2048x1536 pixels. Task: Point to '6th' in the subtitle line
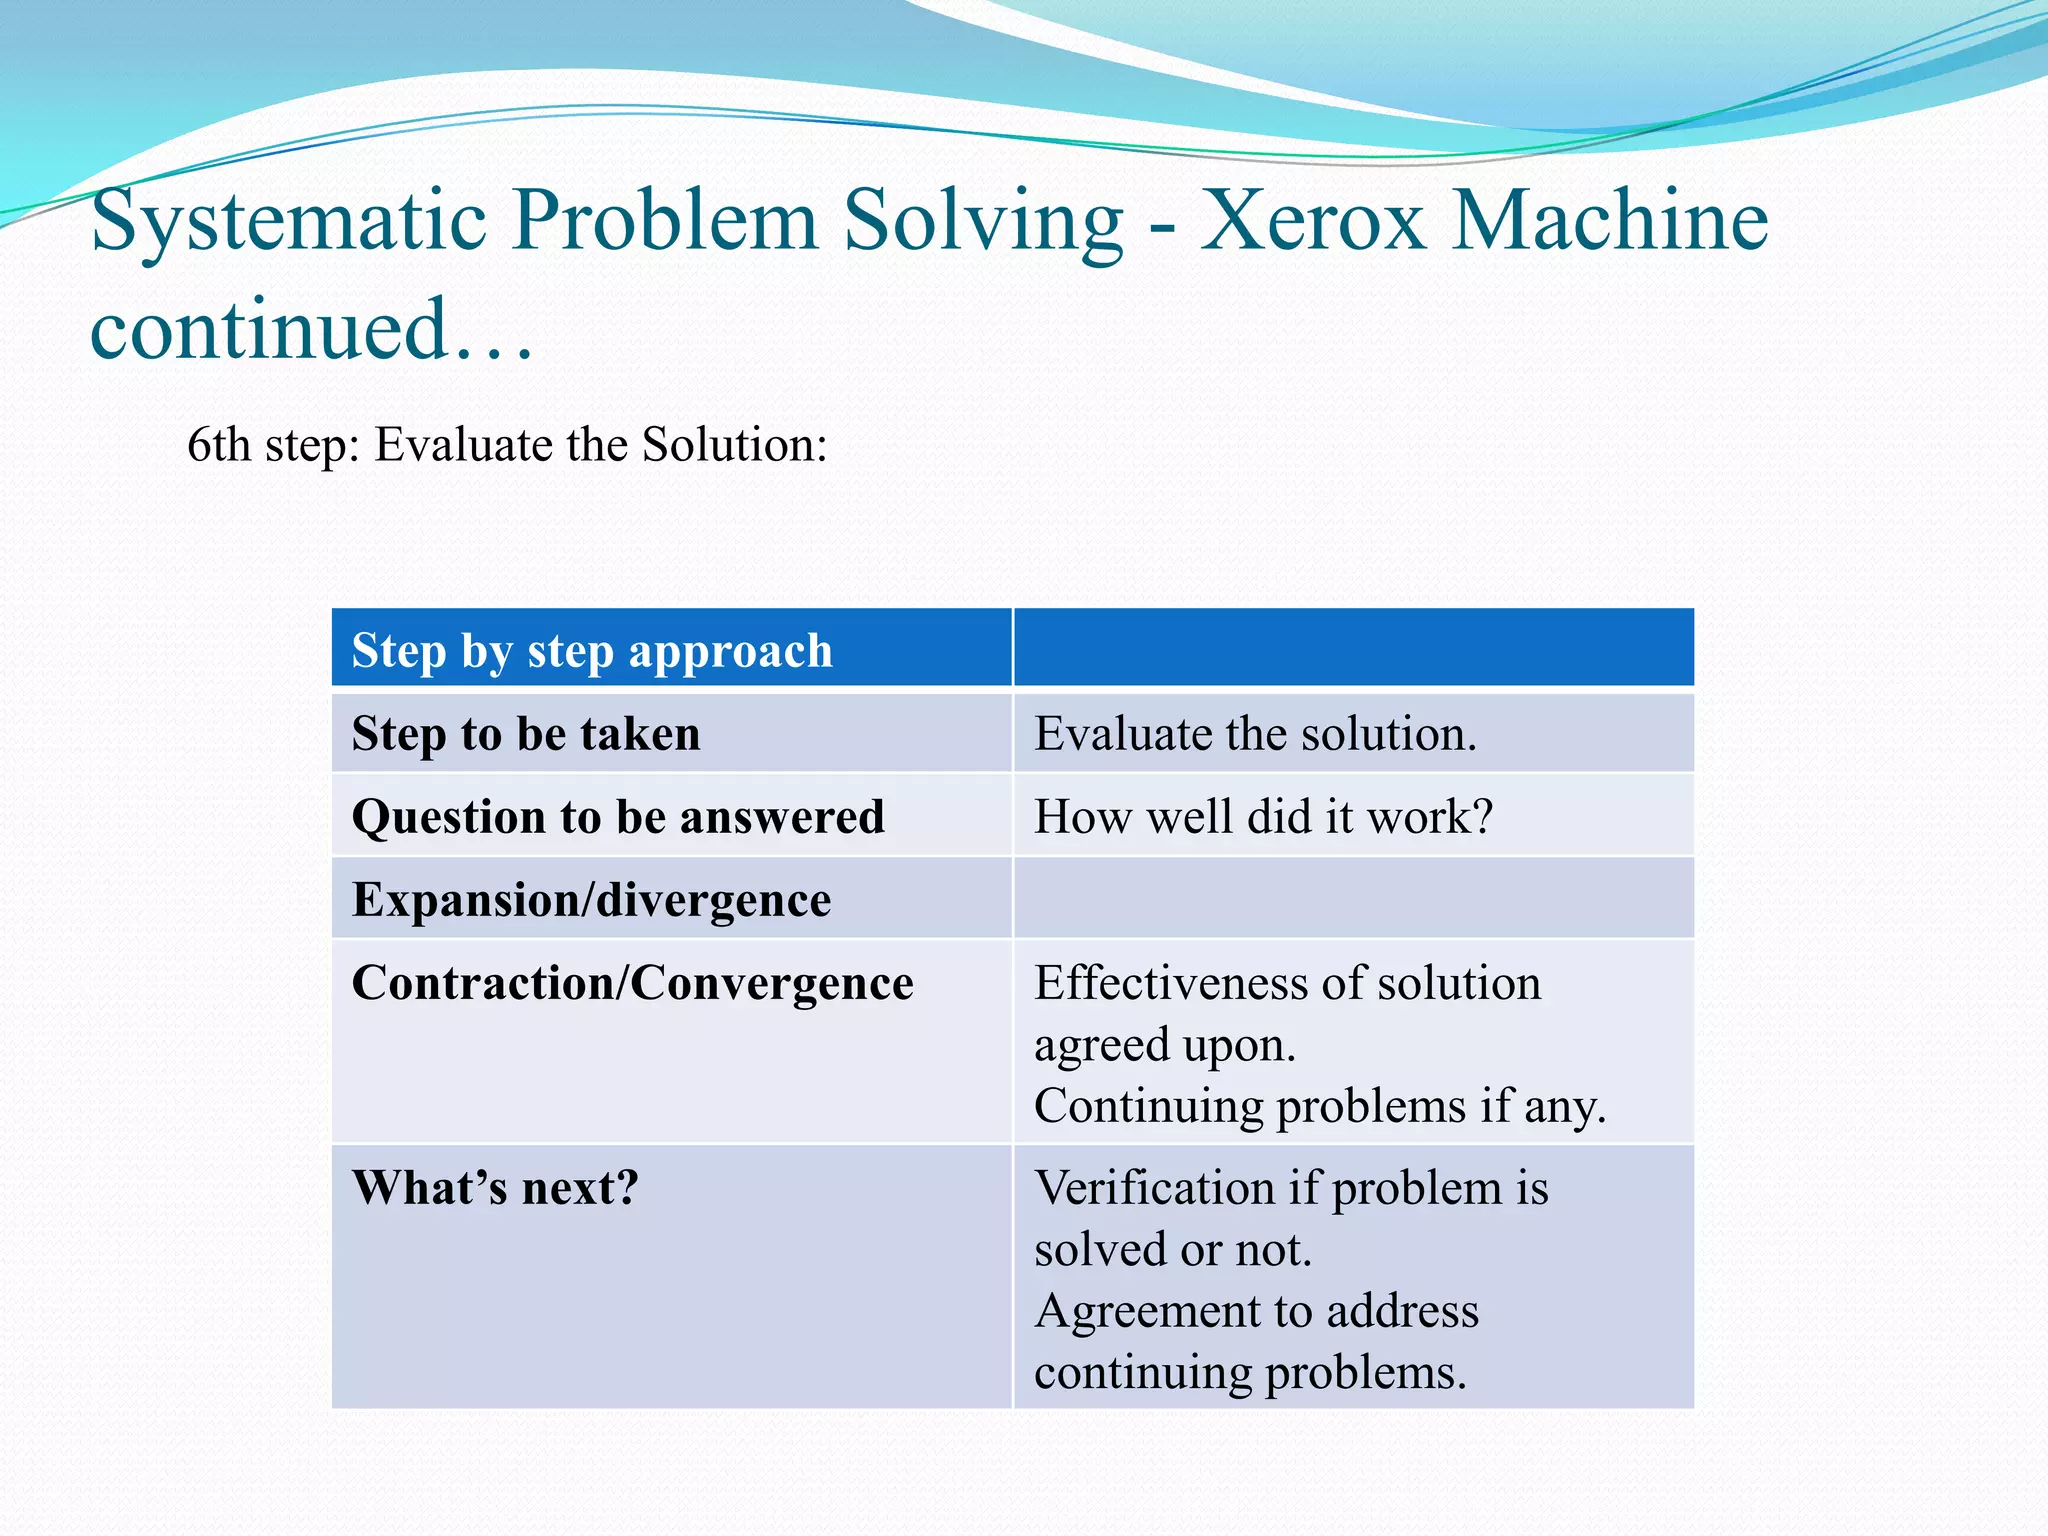[x=218, y=445]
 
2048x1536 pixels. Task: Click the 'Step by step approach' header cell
[x=592, y=651]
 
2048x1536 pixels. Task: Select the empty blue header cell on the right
[x=1353, y=648]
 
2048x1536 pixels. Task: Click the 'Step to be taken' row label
[x=526, y=734]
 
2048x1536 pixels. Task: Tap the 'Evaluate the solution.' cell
[x=1255, y=734]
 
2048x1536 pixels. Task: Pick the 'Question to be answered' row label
[x=618, y=817]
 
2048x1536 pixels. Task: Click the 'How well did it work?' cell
[x=1263, y=817]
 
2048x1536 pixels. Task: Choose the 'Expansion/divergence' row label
[x=591, y=900]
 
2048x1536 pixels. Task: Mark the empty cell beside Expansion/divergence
[x=1353, y=898]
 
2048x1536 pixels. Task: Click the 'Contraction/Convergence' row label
[x=632, y=983]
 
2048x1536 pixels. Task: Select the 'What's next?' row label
[x=495, y=1188]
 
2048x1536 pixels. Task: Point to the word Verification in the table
[x=1154, y=1188]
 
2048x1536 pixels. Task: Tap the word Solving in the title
[x=983, y=222]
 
